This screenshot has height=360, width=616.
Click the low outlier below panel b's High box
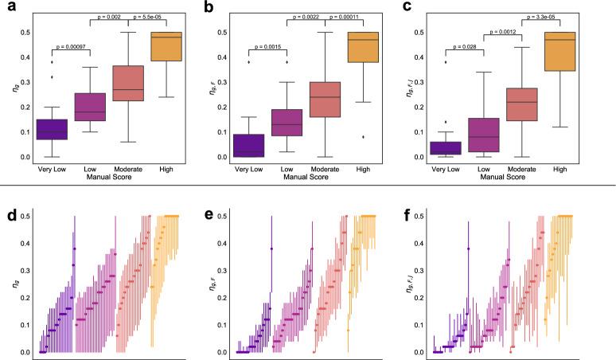point(364,137)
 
